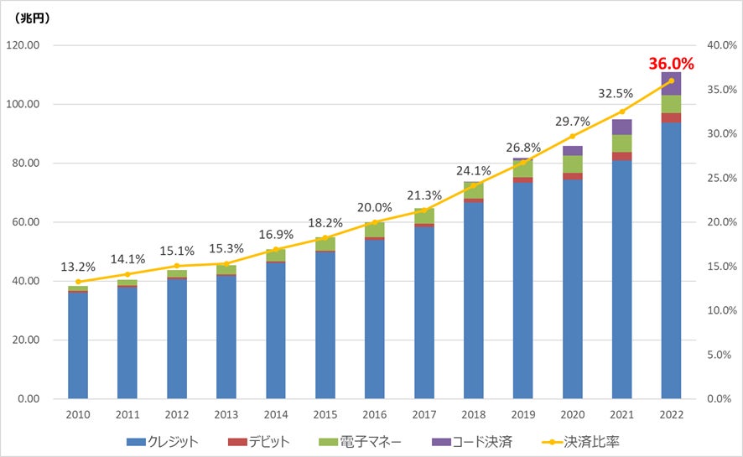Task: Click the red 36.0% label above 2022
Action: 670,63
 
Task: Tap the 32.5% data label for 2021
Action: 621,94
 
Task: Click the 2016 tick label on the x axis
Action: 374,415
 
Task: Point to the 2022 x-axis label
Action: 671,415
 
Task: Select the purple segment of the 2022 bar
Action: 671,83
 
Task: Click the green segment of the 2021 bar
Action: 621,143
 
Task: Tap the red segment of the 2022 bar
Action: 671,117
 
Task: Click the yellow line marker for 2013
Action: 226,263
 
